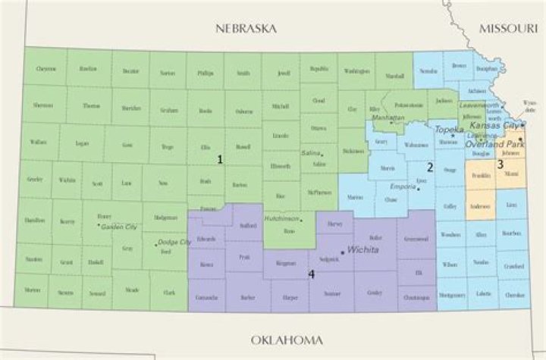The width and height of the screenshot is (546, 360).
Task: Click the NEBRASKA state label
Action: (245, 28)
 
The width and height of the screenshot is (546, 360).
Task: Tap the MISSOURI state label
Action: (507, 28)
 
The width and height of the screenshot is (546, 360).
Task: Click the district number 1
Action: (220, 160)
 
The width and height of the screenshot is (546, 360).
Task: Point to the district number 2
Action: (429, 167)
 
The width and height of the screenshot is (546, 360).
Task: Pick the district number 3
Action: (500, 164)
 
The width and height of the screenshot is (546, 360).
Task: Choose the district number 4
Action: (312, 274)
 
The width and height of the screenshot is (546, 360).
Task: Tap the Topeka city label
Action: (449, 130)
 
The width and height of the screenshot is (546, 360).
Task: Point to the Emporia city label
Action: (401, 186)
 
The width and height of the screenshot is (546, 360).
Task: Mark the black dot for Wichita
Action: (343, 252)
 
